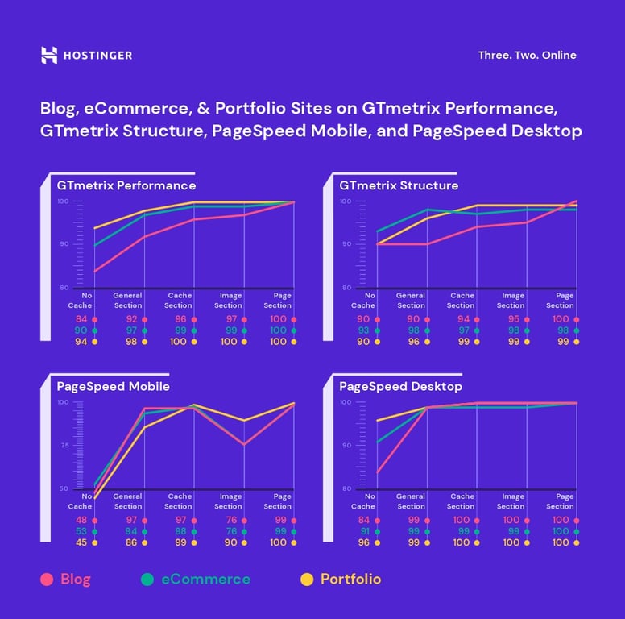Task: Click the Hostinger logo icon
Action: [49, 55]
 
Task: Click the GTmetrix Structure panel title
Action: [399, 185]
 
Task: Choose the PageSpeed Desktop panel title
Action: [400, 387]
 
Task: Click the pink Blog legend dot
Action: [48, 579]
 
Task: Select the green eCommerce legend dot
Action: [147, 579]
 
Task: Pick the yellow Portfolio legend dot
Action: [306, 579]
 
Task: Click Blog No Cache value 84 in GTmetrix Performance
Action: [81, 319]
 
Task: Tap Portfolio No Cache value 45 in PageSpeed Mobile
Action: [81, 542]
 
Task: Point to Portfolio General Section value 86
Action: [131, 542]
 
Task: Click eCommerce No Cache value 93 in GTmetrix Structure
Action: [363, 330]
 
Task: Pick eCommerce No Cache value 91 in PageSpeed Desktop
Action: [363, 531]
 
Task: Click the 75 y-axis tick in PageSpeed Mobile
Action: [63, 445]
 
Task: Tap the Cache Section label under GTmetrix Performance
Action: [179, 301]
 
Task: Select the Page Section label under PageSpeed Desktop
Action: [561, 501]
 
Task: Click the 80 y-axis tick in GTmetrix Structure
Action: [346, 288]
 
